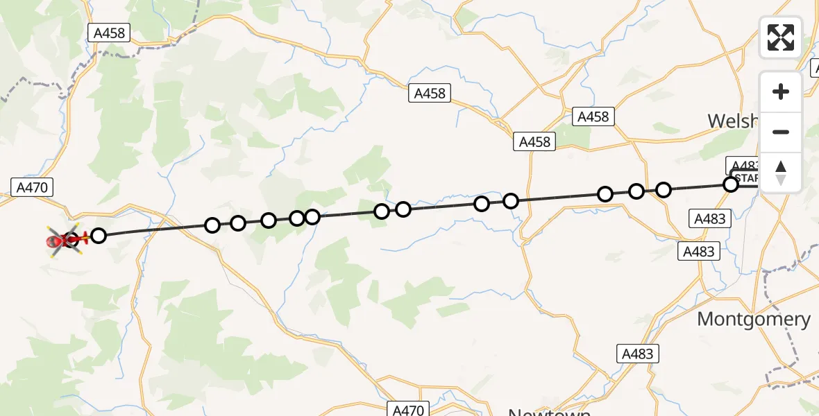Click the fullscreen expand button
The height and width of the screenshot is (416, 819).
coord(781,37)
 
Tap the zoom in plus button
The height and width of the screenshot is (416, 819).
coord(781,92)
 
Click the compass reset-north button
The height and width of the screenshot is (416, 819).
coord(781,172)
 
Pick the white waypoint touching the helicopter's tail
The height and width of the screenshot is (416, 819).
coord(99,236)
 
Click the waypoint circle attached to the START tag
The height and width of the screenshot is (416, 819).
coord(730,184)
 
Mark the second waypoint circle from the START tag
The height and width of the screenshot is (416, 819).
coord(664,189)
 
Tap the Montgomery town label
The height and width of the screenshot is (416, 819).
coord(753,320)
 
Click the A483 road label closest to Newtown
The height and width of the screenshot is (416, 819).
coord(637,354)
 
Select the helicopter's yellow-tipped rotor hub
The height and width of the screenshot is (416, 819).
coord(69,240)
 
